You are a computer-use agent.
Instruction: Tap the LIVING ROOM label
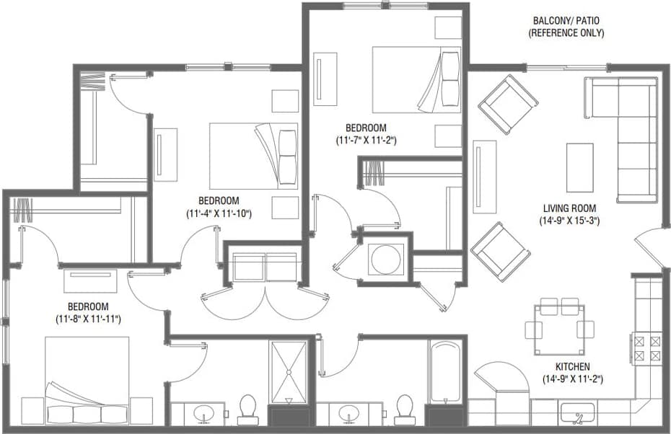click(x=569, y=208)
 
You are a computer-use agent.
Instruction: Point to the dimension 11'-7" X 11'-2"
click(x=366, y=141)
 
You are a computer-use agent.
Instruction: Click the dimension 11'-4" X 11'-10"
click(x=218, y=213)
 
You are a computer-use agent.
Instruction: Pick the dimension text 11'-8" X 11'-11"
click(x=87, y=318)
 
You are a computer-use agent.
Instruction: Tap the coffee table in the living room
click(x=579, y=167)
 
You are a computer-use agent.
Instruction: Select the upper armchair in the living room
click(x=507, y=104)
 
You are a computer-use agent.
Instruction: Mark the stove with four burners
click(x=646, y=348)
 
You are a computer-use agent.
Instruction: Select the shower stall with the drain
click(x=288, y=372)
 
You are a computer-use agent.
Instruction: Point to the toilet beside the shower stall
click(x=247, y=408)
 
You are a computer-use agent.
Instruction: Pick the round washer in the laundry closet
click(x=386, y=258)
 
